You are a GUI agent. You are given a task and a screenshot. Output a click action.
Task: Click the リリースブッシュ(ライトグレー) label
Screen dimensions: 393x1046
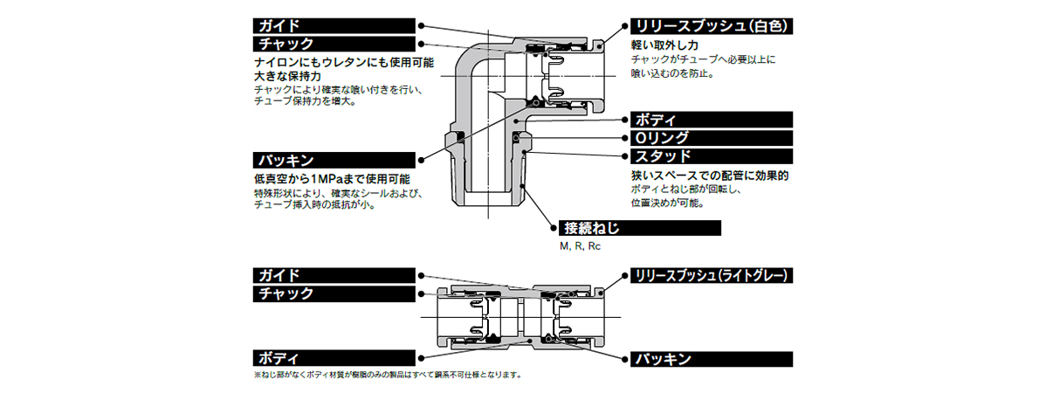(711, 275)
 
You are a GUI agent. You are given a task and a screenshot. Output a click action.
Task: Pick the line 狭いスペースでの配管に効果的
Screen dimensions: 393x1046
(710, 175)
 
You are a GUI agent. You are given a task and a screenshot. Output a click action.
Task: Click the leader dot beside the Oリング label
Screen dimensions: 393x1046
(623, 137)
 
